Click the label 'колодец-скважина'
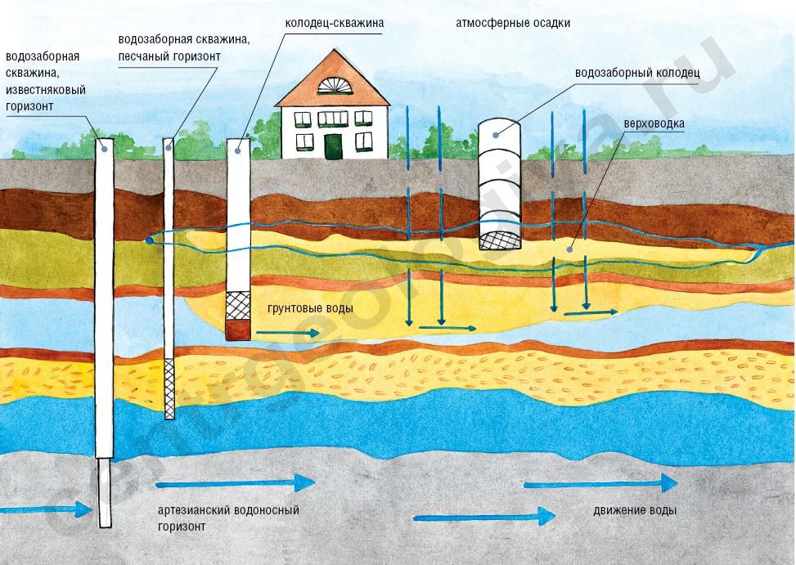click(334, 24)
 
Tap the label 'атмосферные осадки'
click(513, 24)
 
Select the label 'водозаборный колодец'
click(637, 73)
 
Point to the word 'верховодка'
click(654, 123)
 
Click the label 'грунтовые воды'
click(310, 308)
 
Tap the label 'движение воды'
click(635, 510)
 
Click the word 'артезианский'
click(193, 510)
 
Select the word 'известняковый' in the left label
click(46, 90)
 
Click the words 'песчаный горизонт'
click(169, 56)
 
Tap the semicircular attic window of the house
click(334, 85)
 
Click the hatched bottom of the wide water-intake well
click(501, 240)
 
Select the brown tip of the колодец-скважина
click(238, 330)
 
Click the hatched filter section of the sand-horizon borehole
click(169, 388)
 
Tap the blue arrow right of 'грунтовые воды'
click(288, 333)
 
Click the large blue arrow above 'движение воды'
click(600, 483)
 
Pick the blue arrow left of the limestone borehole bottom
click(46, 509)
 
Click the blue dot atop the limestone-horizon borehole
click(105, 149)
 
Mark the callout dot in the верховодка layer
click(570, 249)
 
